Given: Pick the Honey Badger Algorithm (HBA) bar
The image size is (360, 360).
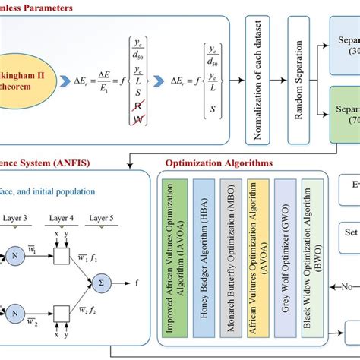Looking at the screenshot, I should (x=204, y=257).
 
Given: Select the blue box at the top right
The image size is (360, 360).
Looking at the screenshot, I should (x=346, y=46).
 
